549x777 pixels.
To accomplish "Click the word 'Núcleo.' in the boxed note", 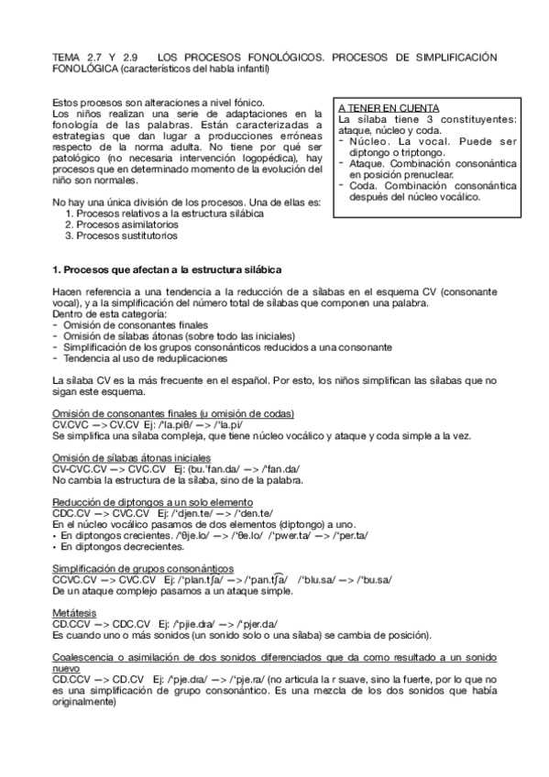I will (369, 141).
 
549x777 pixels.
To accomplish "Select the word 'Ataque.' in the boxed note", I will (368, 163).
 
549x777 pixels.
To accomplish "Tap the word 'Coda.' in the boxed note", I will (363, 185).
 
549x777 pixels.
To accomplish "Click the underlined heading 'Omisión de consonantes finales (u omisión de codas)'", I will (172, 415).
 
